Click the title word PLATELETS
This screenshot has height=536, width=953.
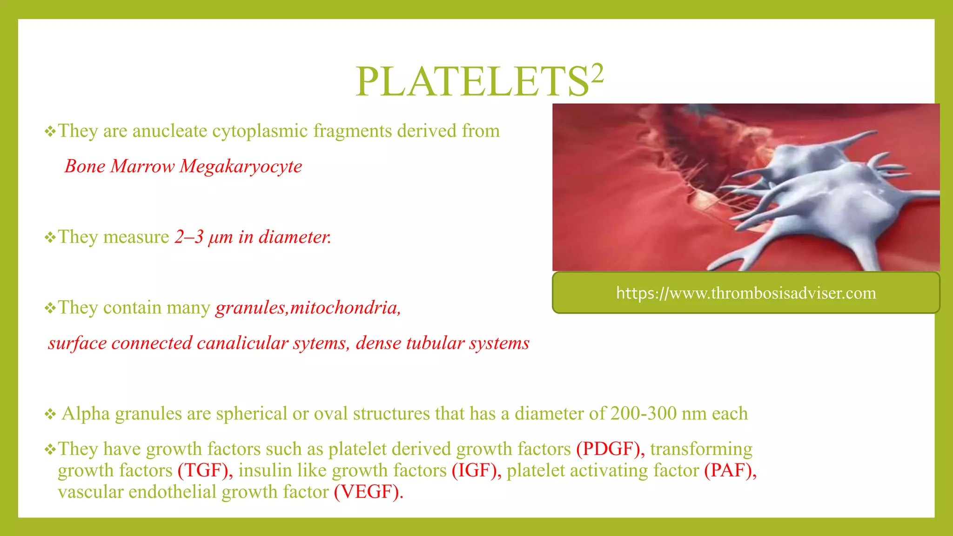(472, 82)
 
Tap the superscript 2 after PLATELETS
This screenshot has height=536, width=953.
(597, 74)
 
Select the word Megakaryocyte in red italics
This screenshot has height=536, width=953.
(241, 167)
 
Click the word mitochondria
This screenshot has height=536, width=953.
(345, 308)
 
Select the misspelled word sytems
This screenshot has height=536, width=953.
(321, 343)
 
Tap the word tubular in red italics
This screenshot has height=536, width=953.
(435, 343)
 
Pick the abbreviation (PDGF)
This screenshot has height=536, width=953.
(610, 449)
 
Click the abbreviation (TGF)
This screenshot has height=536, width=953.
(205, 470)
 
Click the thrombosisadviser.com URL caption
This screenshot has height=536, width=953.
(745, 293)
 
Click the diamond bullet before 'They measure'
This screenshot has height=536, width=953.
(50, 238)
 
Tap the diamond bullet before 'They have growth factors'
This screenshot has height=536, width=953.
(50, 450)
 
